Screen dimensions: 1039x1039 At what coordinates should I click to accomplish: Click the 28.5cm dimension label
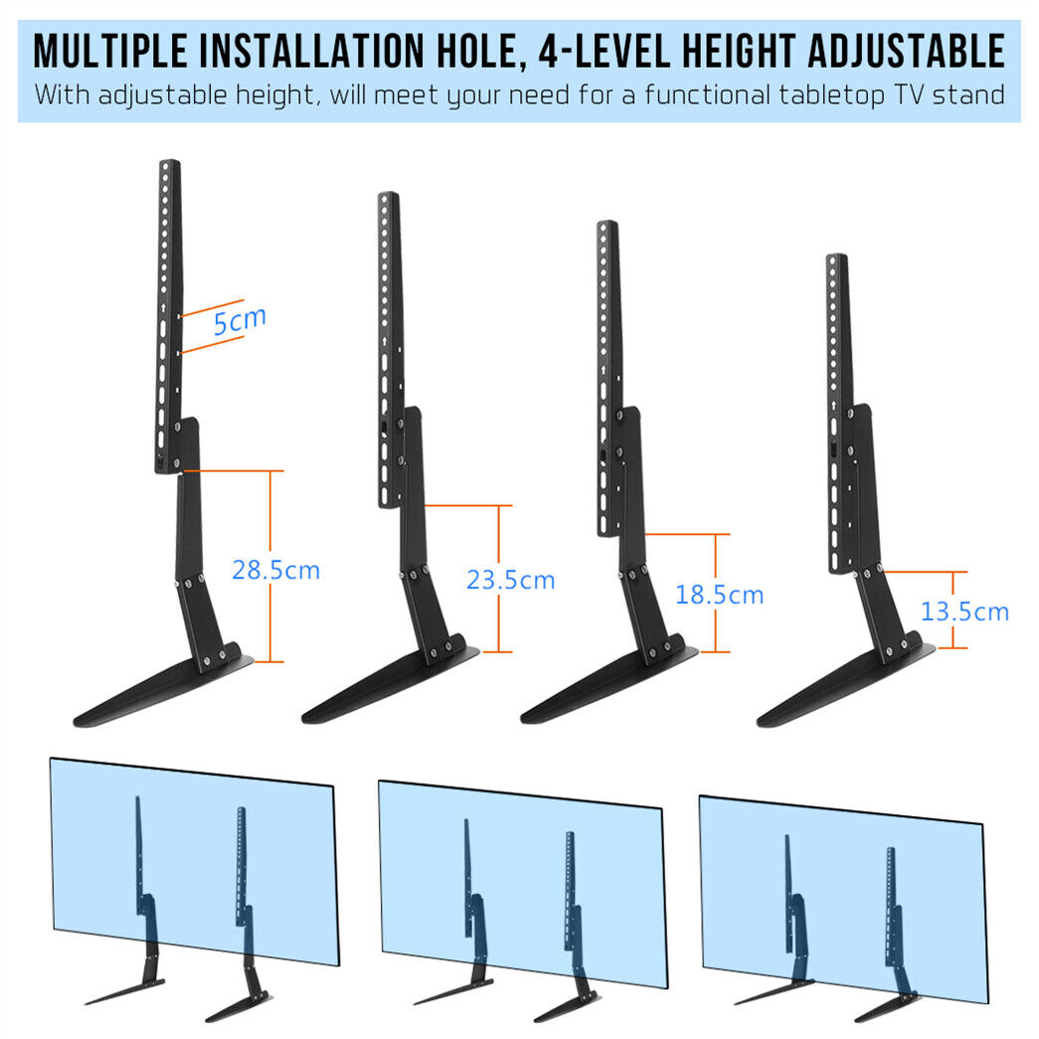click(275, 570)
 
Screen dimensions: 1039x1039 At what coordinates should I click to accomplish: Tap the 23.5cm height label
click(510, 580)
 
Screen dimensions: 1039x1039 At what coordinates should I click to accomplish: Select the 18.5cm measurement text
click(719, 595)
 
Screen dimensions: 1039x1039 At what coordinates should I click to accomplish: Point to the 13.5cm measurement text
click(964, 610)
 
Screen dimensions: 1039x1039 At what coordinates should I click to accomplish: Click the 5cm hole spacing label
click(240, 321)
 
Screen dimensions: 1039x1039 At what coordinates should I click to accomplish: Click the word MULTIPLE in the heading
click(110, 51)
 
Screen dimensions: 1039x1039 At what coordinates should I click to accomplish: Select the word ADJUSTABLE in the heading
click(907, 51)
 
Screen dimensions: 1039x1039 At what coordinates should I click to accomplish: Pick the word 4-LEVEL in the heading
click(604, 51)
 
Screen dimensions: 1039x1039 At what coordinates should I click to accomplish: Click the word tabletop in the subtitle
click(831, 94)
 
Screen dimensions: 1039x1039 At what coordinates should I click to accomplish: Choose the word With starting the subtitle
click(63, 94)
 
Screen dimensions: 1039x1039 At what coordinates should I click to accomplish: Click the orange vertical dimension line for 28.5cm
click(270, 566)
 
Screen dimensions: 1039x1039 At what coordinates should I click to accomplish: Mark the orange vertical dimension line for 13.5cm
click(952, 609)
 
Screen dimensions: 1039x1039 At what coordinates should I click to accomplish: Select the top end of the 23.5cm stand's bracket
click(389, 195)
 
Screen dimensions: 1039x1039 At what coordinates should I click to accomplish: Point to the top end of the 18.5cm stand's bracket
click(606, 224)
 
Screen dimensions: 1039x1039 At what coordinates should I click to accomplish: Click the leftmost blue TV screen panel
click(195, 861)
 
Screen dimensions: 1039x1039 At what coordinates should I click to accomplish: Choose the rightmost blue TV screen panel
click(843, 899)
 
